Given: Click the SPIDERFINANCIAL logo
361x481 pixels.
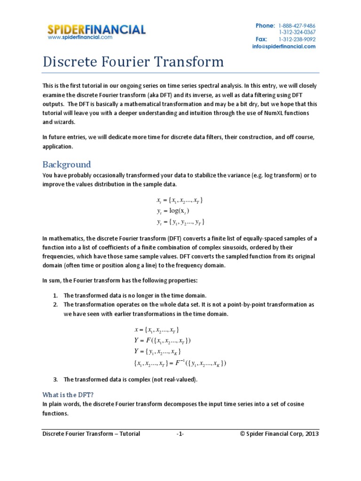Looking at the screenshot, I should tap(96, 30).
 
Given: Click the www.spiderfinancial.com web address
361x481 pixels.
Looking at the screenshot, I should tap(80, 38).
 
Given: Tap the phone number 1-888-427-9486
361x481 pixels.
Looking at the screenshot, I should tap(297, 25).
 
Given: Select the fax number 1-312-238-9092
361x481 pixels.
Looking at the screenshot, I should tap(297, 39).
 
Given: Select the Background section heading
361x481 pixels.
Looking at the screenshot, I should tap(66, 164).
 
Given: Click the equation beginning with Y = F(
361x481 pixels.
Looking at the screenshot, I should tap(163, 341).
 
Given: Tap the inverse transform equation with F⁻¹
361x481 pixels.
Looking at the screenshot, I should tap(180, 363).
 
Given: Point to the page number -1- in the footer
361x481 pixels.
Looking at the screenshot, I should tap(180, 434).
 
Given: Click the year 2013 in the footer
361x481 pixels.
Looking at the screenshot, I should tap(311, 434).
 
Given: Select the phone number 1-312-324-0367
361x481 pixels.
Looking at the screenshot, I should tap(297, 32).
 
